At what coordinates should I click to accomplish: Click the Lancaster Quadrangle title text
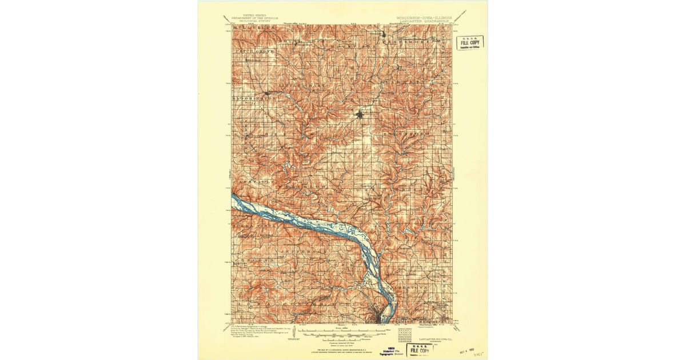point(424,22)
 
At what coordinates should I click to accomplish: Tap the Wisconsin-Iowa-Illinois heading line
point(424,18)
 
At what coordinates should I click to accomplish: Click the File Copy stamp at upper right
point(469,42)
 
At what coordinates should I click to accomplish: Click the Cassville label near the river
point(249,181)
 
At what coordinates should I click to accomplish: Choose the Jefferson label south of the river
point(312,250)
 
